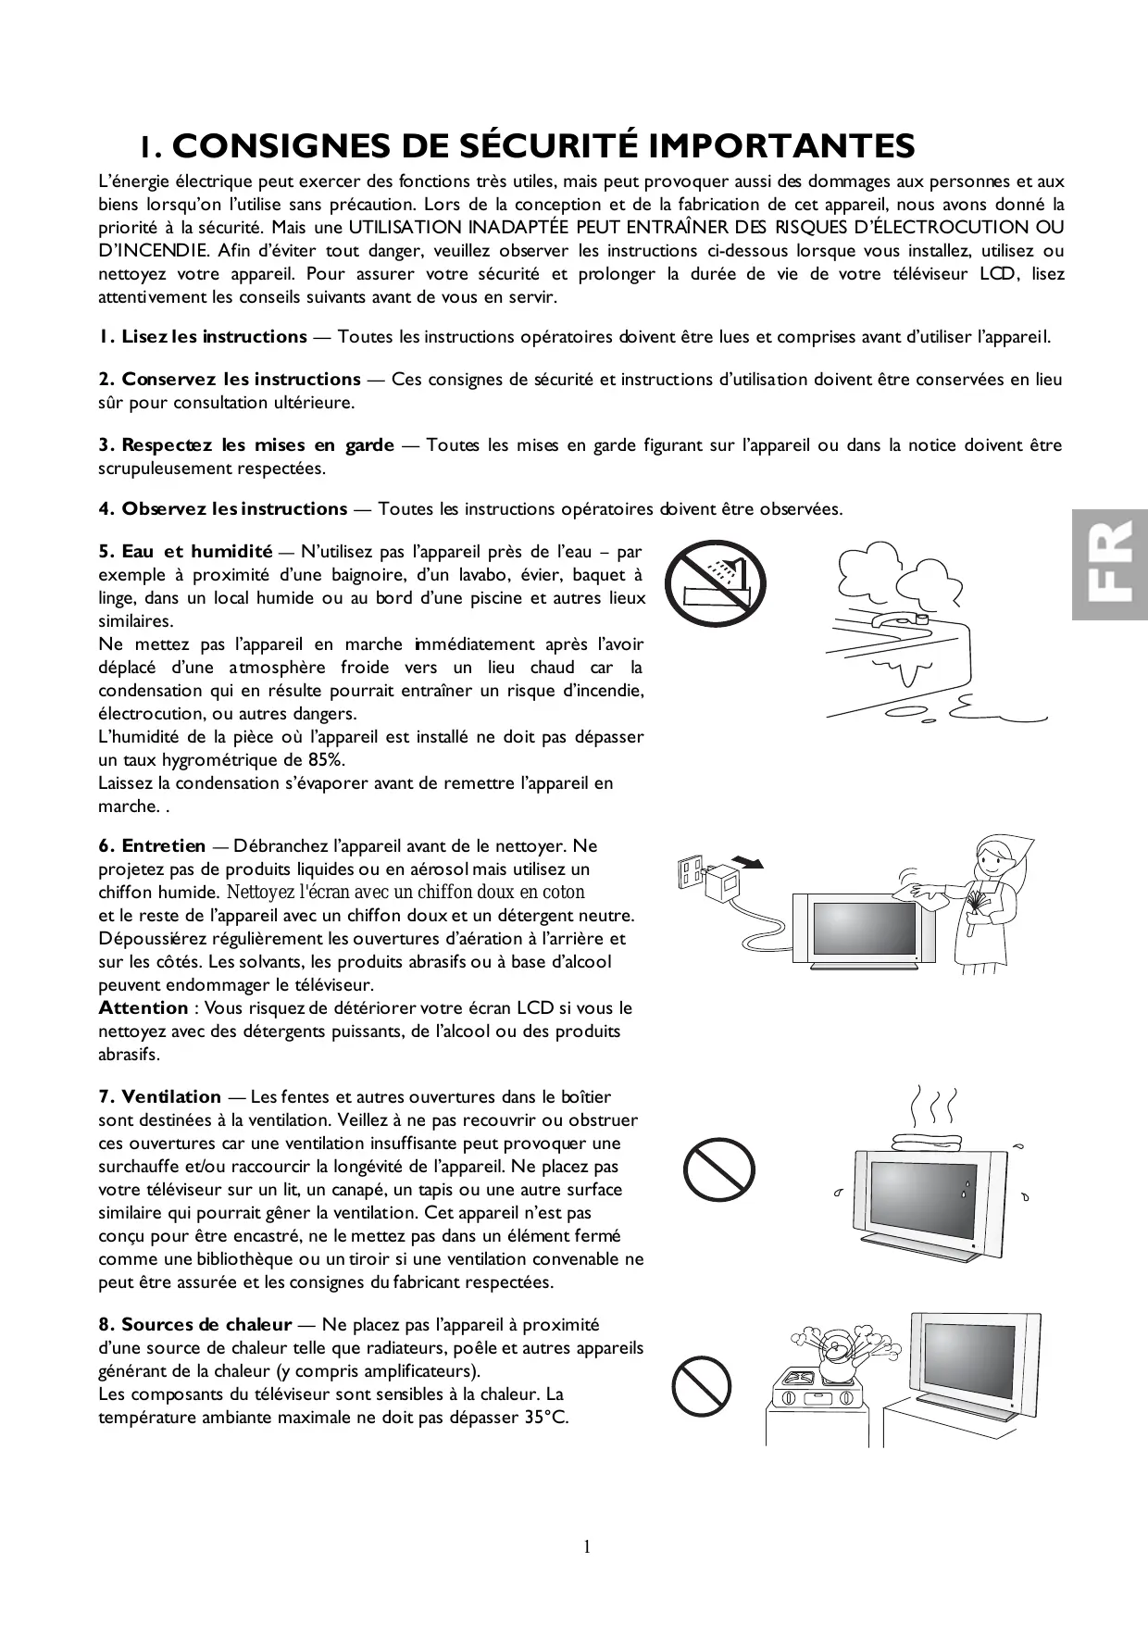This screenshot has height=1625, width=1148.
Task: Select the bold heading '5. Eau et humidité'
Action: [x=185, y=552]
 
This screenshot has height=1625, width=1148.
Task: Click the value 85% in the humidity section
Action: [x=325, y=760]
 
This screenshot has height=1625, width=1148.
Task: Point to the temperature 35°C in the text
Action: [x=545, y=1418]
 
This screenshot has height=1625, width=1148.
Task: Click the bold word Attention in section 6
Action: [x=143, y=1008]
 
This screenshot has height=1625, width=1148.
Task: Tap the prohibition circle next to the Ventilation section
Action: [x=719, y=1169]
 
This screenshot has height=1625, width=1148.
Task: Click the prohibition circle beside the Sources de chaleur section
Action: [x=701, y=1386]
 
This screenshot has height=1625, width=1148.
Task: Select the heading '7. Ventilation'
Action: [x=160, y=1097]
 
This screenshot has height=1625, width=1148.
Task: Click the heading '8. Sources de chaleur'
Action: [x=195, y=1325]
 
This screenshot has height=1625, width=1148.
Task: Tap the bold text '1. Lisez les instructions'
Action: [x=203, y=337]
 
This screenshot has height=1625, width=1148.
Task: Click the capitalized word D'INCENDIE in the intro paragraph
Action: [x=150, y=251]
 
